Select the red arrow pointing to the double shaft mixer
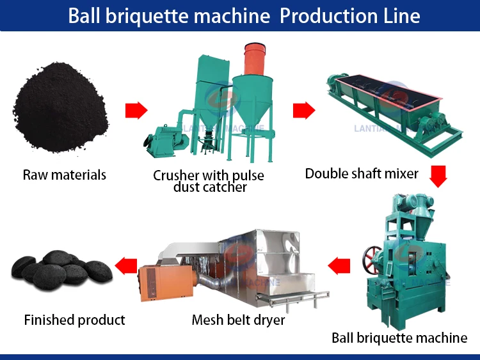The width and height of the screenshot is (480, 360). coord(304,111)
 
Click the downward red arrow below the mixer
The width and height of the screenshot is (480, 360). coord(438,176)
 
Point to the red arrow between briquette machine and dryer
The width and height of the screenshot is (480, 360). coord(339,265)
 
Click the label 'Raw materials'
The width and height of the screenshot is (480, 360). coord(65,174)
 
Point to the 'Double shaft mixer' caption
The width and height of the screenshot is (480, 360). coord(362,173)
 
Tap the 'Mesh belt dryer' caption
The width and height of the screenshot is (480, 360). coord(238,320)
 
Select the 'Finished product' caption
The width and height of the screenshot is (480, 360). coord(74,320)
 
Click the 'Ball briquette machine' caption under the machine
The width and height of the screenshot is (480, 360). coord(399,338)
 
